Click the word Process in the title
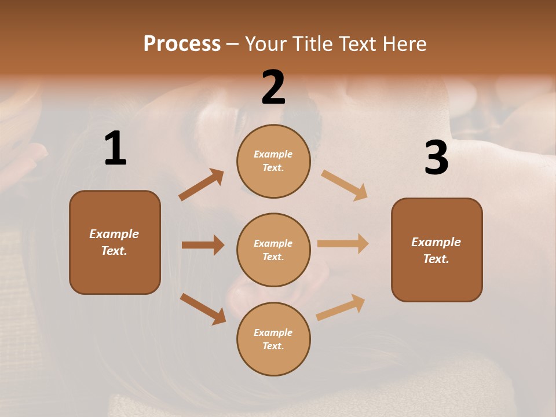pyautogui.click(x=182, y=43)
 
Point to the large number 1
pyautogui.click(x=115, y=149)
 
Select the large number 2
pyautogui.click(x=273, y=87)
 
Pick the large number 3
pyautogui.click(x=436, y=158)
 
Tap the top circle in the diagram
pyautogui.click(x=273, y=161)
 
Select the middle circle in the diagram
pyautogui.click(x=273, y=250)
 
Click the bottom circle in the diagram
pyautogui.click(x=273, y=339)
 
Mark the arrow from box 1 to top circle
pyautogui.click(x=202, y=185)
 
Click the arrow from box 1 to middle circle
pyautogui.click(x=203, y=245)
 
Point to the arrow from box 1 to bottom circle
pyautogui.click(x=203, y=309)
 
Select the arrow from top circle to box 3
pyautogui.click(x=344, y=185)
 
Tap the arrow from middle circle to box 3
pyautogui.click(x=343, y=244)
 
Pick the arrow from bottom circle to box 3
pyautogui.click(x=341, y=307)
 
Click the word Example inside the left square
pyautogui.click(x=114, y=234)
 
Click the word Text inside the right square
pyautogui.click(x=436, y=259)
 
